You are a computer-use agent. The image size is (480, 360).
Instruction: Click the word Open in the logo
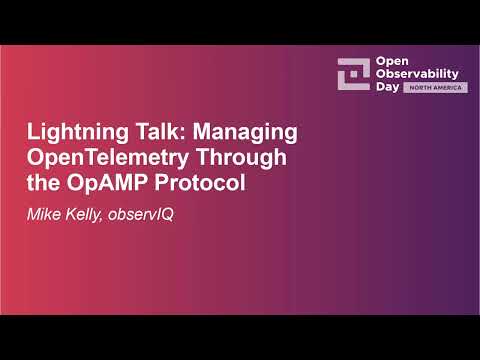pos(390,61)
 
